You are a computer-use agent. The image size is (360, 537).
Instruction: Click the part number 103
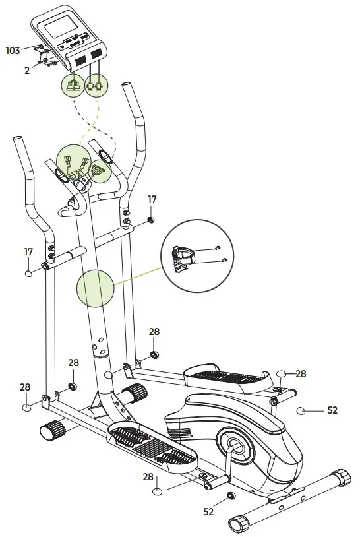pos(13,51)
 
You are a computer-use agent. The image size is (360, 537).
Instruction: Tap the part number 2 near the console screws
pos(27,70)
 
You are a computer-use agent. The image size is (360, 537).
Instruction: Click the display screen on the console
pos(60,26)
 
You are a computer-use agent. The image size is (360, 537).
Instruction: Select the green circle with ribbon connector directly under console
pos(73,85)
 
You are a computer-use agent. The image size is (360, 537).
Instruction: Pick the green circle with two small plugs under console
pos(96,85)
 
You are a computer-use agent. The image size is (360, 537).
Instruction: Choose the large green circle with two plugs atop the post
pos(74,162)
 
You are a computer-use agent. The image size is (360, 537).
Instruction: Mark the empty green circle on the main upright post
pos(95,289)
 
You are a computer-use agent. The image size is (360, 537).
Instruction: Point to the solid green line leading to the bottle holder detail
pos(138,276)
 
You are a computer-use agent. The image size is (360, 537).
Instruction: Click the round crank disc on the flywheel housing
pos(236,445)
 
